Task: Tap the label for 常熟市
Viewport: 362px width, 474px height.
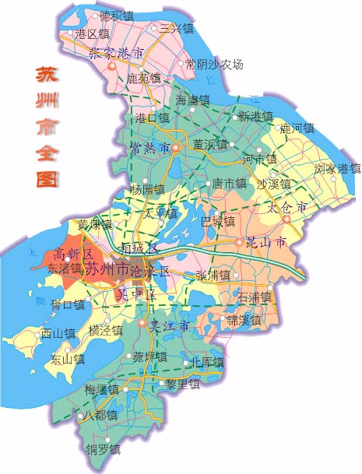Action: click(x=149, y=147)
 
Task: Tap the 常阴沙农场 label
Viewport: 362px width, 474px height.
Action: click(x=215, y=65)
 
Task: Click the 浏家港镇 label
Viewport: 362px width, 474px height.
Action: click(x=337, y=168)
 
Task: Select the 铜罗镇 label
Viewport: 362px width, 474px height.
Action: click(x=103, y=450)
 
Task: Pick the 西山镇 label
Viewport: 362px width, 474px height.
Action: click(x=58, y=333)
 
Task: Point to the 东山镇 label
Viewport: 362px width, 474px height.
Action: click(x=68, y=359)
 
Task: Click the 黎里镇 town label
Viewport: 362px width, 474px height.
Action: click(x=183, y=384)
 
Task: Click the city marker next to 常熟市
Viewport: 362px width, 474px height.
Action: click(x=176, y=147)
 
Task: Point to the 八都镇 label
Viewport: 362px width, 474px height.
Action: click(x=100, y=416)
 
